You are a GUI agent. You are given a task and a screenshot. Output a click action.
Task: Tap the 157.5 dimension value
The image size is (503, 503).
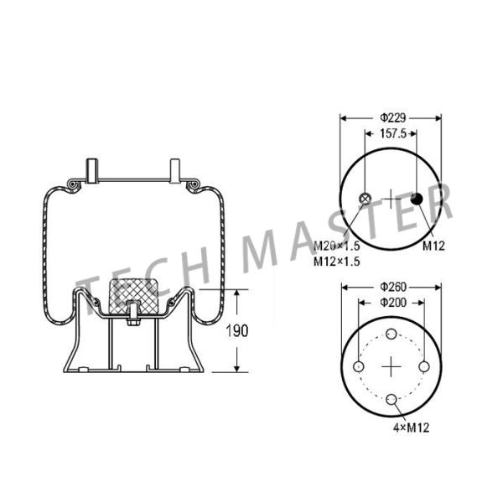point(392,133)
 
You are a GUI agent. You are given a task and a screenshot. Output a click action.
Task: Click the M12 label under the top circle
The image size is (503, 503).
point(433,246)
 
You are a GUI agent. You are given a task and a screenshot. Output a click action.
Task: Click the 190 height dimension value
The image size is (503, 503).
point(239,331)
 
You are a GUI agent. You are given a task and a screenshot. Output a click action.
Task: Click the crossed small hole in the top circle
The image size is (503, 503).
point(365,199)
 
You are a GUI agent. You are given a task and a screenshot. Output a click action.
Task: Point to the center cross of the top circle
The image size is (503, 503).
point(392,199)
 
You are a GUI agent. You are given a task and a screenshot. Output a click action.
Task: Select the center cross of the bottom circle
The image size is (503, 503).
point(392,368)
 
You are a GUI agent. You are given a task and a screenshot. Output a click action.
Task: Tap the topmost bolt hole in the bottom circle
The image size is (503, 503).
point(392,335)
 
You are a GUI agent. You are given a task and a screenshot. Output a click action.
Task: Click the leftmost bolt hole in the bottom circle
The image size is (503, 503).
point(359,368)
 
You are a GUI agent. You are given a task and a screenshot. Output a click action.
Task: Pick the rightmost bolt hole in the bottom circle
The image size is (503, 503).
point(424,368)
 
